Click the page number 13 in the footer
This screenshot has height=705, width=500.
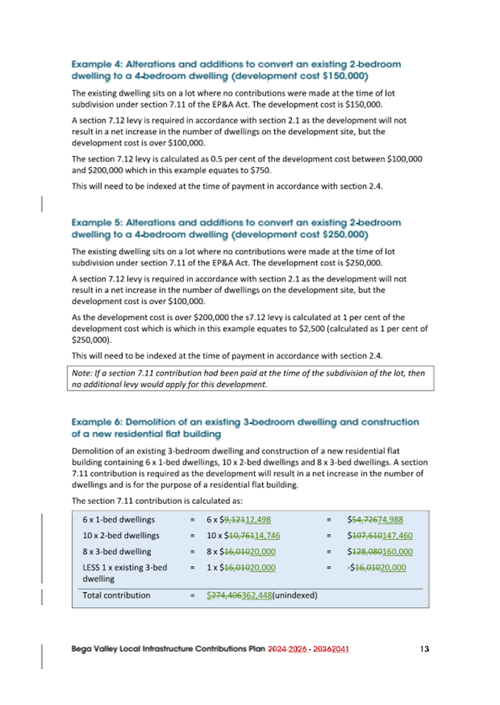pos(424,649)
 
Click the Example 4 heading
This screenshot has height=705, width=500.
pos(236,70)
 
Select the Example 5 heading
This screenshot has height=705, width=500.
pos(236,229)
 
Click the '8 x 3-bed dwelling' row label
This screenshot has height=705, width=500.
pos(117,551)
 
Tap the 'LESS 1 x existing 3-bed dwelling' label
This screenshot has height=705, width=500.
pos(124,573)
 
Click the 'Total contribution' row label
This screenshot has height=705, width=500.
pos(116,595)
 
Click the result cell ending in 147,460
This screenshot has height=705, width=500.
pos(381,536)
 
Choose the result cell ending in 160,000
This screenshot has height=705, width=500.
pos(381,552)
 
